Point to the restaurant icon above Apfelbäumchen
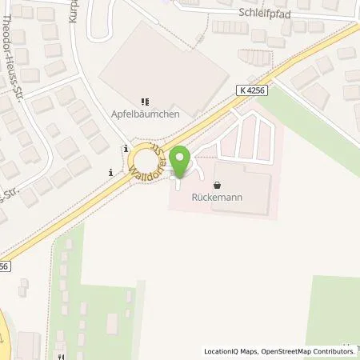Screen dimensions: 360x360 point(145,102)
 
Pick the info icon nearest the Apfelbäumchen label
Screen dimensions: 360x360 point(126,149)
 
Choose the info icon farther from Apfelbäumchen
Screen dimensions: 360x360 point(111,171)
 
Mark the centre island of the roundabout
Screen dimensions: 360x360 point(151,160)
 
